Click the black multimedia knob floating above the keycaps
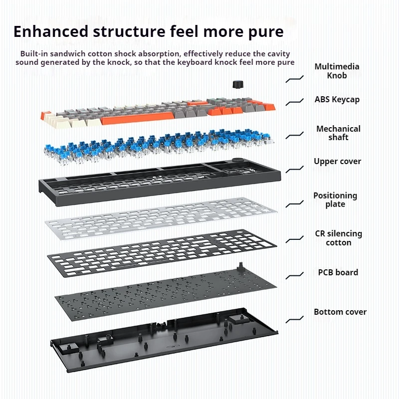tap(236, 83)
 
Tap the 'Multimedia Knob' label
tap(337, 71)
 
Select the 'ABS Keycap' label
tap(337, 99)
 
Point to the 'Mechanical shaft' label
tap(338, 133)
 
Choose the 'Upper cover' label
tap(337, 161)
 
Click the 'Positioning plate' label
tap(335, 199)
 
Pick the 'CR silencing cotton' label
tap(338, 238)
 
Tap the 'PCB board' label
tap(338, 272)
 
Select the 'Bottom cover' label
tap(340, 312)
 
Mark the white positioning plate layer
tap(160, 219)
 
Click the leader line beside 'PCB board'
tap(295, 274)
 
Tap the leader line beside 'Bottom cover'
tap(295, 317)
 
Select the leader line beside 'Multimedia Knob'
tap(295, 78)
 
